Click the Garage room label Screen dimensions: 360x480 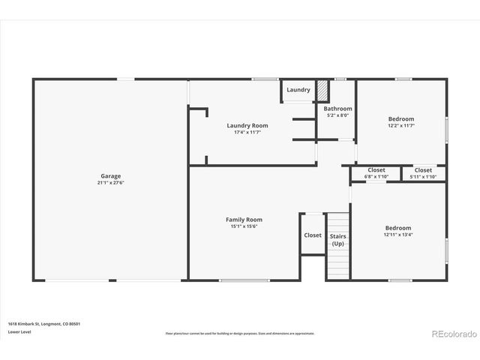tap(111, 176)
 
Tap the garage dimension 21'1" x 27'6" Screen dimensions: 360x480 tap(111, 183)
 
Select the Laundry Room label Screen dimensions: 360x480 tap(247, 125)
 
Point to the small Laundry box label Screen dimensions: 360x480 tap(298, 90)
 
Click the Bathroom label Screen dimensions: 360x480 tap(338, 109)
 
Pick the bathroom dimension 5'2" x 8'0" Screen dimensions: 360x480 tap(338, 115)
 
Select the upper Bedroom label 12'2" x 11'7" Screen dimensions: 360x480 tap(401, 119)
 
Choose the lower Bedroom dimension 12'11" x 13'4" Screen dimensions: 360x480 tap(398, 235)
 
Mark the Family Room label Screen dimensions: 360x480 tap(244, 220)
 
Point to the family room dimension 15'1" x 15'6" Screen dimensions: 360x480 tap(244, 226)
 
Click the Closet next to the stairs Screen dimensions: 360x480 tap(313, 235)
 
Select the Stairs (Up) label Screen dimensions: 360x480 tap(338, 240)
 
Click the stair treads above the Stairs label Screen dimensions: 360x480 tap(338, 222)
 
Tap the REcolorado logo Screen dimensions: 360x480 tap(451, 333)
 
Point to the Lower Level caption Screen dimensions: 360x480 tap(19, 331)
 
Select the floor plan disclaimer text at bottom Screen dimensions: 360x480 tap(240, 333)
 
